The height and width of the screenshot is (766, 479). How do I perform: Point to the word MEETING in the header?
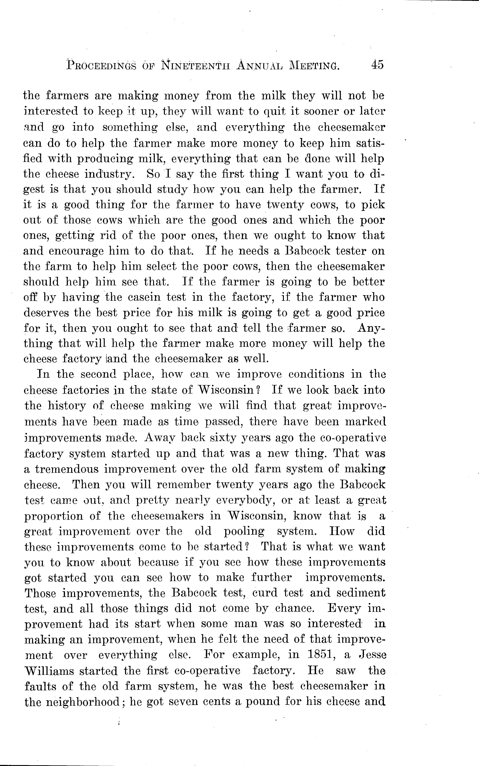point(313,66)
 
